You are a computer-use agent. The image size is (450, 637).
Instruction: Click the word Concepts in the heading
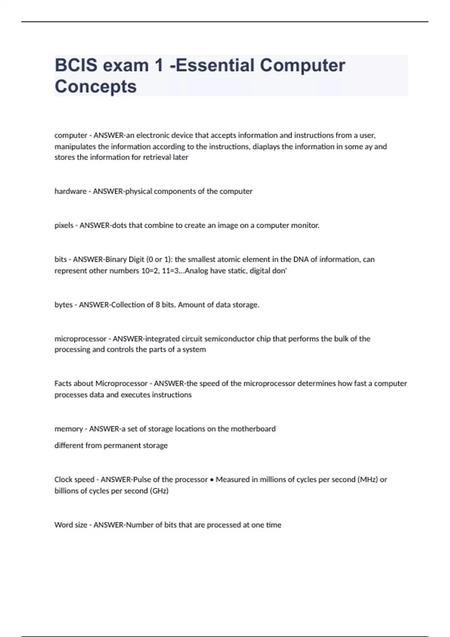pos(96,87)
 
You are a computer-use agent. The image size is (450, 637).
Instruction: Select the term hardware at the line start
pos(70,191)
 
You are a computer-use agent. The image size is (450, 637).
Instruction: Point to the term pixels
pos(64,226)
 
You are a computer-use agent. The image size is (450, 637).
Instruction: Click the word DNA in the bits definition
pos(301,259)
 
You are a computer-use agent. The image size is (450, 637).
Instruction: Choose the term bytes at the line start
pos(63,305)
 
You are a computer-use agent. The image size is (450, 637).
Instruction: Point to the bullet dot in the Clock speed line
pos(212,480)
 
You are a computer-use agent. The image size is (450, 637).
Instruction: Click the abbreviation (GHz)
pos(159,491)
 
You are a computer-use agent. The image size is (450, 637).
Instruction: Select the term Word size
pos(70,525)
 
